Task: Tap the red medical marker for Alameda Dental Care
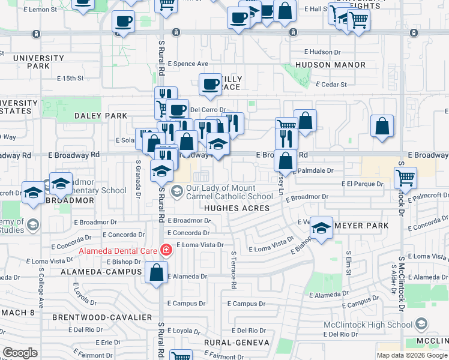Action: tap(165, 250)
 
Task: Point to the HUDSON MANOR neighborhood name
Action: tap(330, 65)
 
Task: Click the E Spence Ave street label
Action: tap(188, 64)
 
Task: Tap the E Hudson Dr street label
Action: tap(322, 52)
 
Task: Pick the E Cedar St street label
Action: tap(331, 85)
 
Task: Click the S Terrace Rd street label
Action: tap(234, 268)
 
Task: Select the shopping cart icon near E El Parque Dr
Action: tap(406, 178)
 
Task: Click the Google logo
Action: tap(20, 353)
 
